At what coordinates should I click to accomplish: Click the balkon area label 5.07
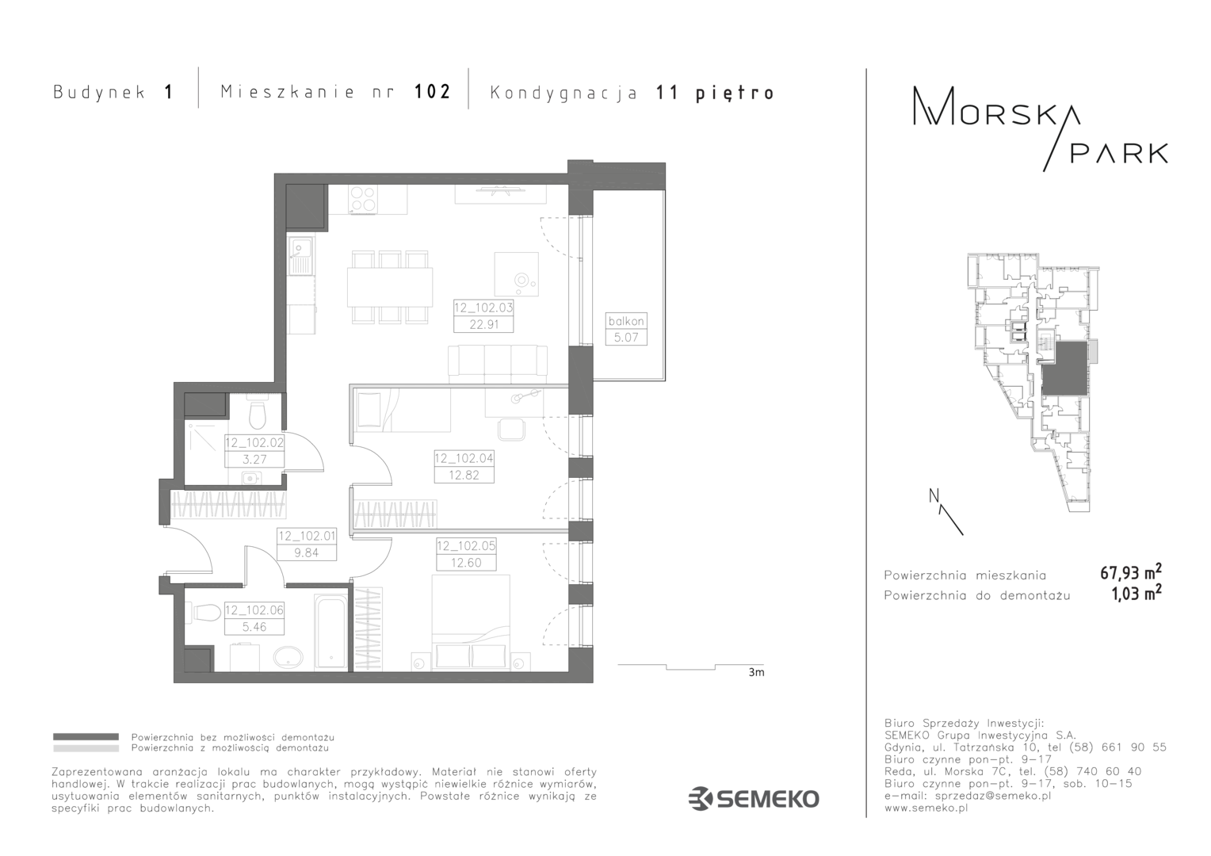point(625,338)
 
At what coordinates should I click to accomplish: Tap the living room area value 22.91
point(484,324)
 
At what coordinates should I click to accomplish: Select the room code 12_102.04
point(464,459)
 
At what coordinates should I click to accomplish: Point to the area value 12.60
point(466,563)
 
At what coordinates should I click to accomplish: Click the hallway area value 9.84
point(307,552)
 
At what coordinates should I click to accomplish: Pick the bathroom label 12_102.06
point(254,610)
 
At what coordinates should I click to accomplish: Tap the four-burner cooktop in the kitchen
point(363,199)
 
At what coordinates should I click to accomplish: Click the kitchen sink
point(300,256)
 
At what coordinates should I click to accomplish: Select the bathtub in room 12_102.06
point(330,632)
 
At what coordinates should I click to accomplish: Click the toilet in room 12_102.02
point(258,415)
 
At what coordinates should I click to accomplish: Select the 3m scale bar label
point(756,673)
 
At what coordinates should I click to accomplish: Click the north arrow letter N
point(934,496)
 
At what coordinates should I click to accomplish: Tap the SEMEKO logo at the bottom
point(754,799)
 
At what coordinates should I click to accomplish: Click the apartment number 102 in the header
point(433,92)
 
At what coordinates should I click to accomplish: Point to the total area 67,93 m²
point(1131,571)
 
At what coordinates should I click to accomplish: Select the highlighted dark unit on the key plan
point(1064,369)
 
